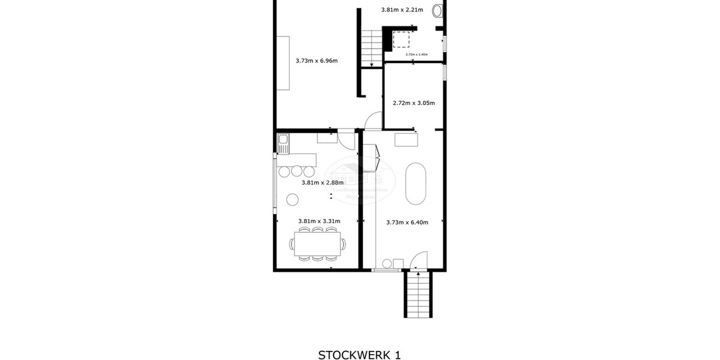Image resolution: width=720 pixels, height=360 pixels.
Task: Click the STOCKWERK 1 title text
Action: tap(359, 354)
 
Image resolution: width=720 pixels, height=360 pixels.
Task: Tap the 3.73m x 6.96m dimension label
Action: tap(316, 61)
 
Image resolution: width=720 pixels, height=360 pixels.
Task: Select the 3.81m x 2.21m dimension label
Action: tap(402, 10)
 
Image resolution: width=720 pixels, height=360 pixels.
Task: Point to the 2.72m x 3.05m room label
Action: tap(413, 103)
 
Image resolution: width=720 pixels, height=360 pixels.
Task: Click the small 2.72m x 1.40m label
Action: tap(416, 55)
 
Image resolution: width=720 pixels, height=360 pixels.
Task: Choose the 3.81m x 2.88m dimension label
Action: tap(322, 182)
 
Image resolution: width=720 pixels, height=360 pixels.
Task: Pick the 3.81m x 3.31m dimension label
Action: tap(318, 221)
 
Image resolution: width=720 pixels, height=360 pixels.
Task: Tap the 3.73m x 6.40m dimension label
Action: tap(407, 222)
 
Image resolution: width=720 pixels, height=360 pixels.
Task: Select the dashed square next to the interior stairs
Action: tap(401, 39)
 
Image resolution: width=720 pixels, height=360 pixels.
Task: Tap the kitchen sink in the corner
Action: tap(283, 145)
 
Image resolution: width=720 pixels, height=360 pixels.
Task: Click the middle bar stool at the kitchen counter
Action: tap(297, 171)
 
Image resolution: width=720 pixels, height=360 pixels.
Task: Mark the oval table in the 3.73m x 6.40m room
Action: tap(416, 184)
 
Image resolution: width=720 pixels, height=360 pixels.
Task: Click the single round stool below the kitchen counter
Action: tap(293, 199)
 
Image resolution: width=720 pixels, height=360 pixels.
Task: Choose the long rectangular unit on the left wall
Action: tap(283, 63)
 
